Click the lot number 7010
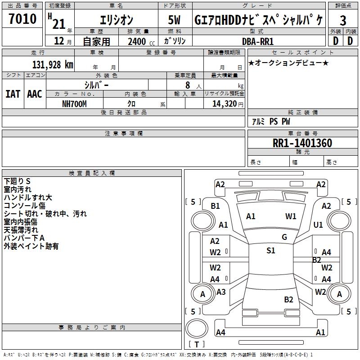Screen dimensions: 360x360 pyautogui.click(x=22, y=19)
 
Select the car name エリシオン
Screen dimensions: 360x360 pyautogui.click(x=116, y=20)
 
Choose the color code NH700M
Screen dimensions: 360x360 pyautogui.click(x=74, y=103)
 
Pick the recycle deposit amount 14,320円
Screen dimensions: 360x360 pyautogui.click(x=224, y=103)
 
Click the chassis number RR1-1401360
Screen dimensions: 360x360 pyautogui.click(x=302, y=143)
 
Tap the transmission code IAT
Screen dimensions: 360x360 pyautogui.click(x=13, y=94)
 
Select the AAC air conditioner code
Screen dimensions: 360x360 pyautogui.click(x=35, y=94)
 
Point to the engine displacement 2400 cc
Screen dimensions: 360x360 pyautogui.click(x=140, y=41)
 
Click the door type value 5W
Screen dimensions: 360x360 pyautogui.click(x=175, y=20)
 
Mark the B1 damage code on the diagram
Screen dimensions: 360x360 pyautogui.click(x=216, y=206)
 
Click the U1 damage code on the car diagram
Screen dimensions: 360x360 pyautogui.click(x=318, y=225)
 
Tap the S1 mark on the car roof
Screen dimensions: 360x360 pyautogui.click(x=270, y=251)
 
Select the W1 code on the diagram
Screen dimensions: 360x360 pyautogui.click(x=291, y=216)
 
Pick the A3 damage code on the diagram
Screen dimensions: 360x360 pyautogui.click(x=221, y=292)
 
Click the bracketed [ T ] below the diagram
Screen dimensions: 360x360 pyautogui.click(x=196, y=344)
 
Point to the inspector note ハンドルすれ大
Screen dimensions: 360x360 pyautogui.click(x=28, y=198)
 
